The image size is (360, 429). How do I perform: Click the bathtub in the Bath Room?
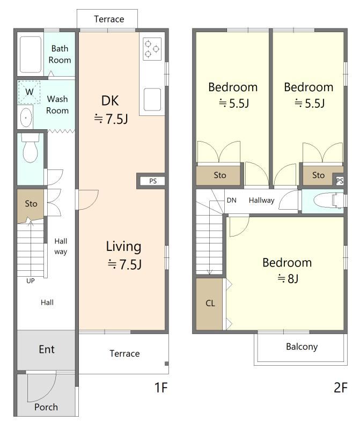click(31, 55)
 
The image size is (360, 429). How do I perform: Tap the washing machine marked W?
click(30, 92)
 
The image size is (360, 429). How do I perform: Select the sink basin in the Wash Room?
click(26, 117)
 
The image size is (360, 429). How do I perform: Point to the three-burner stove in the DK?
click(152, 49)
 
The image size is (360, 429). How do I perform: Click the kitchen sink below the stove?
click(152, 99)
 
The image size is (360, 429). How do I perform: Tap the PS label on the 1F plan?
click(153, 181)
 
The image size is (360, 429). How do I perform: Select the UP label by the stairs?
click(31, 280)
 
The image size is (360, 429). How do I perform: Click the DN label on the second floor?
click(232, 200)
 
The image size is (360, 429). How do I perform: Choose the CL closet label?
click(210, 303)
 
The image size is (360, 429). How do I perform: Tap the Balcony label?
click(302, 346)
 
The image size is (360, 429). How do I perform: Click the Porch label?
click(46, 407)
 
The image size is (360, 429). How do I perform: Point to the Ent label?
click(47, 350)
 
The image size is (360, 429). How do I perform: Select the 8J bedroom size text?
click(288, 278)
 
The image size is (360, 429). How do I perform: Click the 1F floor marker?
click(161, 387)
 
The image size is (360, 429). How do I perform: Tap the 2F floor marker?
click(341, 387)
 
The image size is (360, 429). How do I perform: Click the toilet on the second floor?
click(329, 201)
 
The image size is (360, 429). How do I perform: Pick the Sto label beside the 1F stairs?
click(31, 204)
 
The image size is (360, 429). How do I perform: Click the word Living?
click(123, 247)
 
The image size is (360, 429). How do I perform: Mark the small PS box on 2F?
click(340, 181)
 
